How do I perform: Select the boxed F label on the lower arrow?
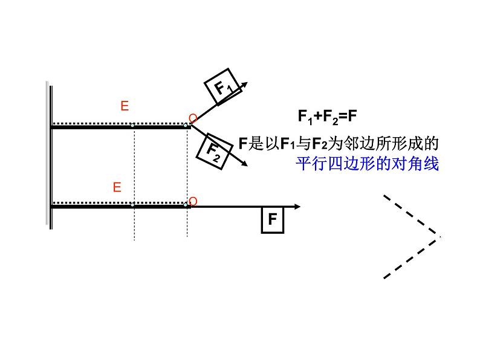point(273,219)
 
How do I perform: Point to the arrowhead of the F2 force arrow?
point(244,163)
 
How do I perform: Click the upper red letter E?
point(125,106)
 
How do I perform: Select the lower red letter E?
point(117,187)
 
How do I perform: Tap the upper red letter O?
point(192,118)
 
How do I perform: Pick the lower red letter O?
point(193,201)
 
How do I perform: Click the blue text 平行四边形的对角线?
point(366,163)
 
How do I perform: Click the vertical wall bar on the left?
point(48,154)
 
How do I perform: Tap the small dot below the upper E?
point(133,125)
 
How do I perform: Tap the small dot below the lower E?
point(133,204)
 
